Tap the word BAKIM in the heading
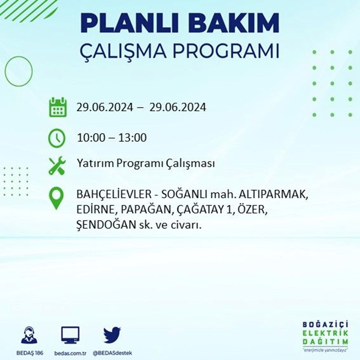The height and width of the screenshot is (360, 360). (235, 23)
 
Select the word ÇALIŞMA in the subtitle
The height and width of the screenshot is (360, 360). (123, 51)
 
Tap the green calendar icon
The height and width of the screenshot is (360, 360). (58, 107)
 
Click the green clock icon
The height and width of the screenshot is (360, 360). (57, 138)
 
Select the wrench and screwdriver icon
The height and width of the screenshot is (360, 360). (57, 166)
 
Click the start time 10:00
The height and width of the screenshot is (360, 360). (91, 138)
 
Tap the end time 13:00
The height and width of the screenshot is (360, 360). (132, 138)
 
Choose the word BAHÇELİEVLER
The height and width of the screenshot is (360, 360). (114, 194)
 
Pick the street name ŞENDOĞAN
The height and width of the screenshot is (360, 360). (107, 225)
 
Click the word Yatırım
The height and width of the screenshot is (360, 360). (95, 163)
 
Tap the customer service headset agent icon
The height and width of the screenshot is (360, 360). (29, 335)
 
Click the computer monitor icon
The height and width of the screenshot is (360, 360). (70, 335)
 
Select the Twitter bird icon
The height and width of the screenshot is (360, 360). (112, 335)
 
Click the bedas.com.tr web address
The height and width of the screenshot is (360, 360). (70, 353)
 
